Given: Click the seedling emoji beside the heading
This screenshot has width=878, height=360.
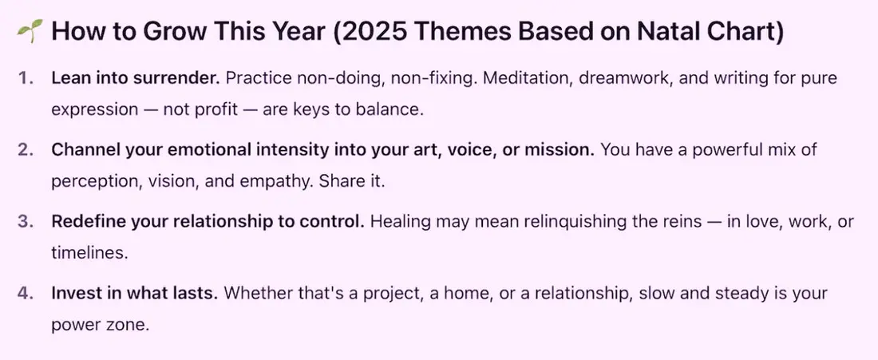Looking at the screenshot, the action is pos(30,32).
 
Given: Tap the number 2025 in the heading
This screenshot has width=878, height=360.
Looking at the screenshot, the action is pos(373,32).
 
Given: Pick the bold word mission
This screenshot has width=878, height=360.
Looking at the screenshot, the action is pos(560,150).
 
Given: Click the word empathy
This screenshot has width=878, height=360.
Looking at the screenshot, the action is pos(271,182).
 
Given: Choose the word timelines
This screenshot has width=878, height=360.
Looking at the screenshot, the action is pos(89,253).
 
